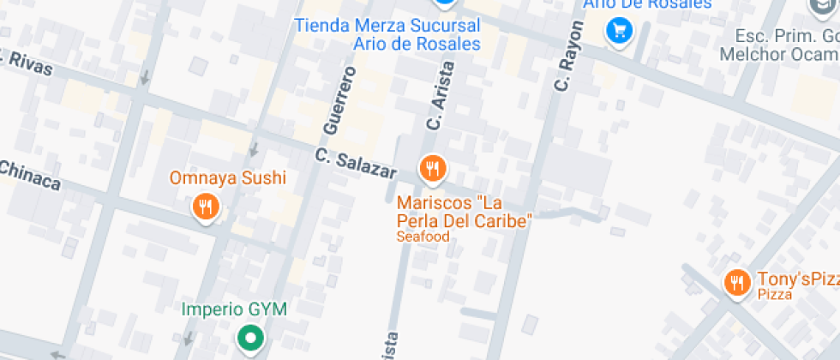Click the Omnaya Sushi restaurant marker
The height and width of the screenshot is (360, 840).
(x=205, y=207)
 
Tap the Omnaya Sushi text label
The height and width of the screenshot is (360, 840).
(x=227, y=179)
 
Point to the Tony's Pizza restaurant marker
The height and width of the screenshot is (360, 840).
(x=736, y=282)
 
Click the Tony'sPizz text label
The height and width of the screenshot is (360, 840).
(x=797, y=279)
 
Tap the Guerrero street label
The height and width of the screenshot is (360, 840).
(x=339, y=102)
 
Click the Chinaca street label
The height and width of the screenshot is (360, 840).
(x=30, y=177)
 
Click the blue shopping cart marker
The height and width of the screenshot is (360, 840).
(x=619, y=32)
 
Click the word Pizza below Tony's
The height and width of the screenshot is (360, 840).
(x=774, y=294)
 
